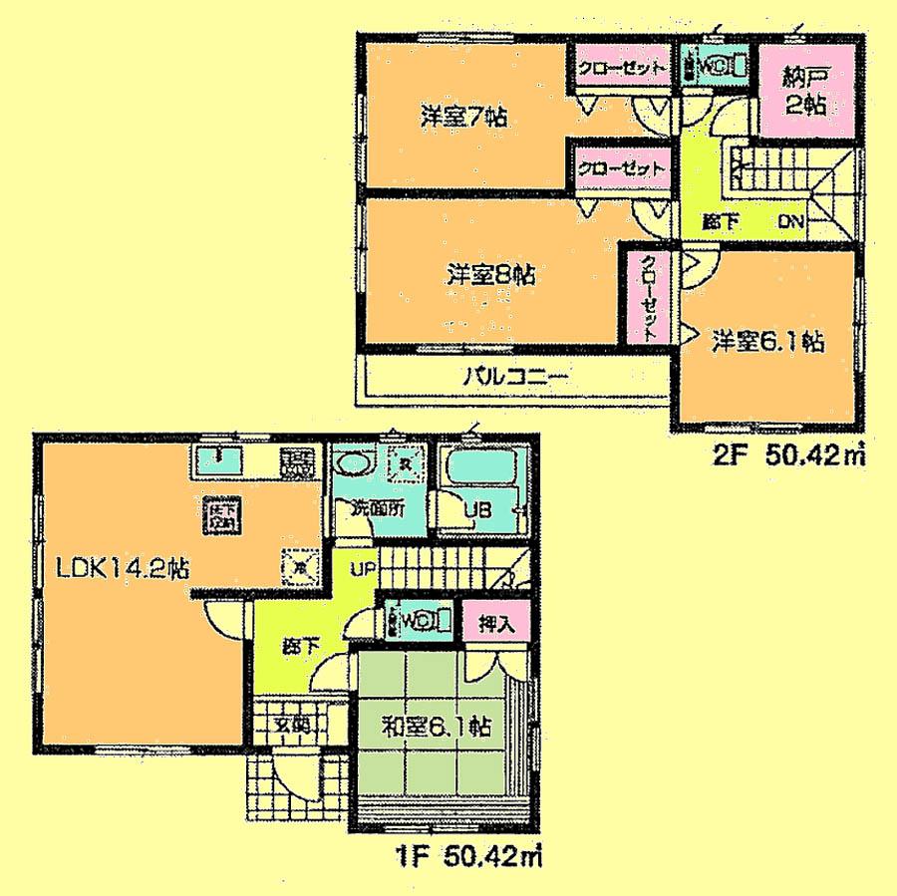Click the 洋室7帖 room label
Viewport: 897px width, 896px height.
(x=463, y=117)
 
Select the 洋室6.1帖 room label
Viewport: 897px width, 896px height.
(x=766, y=341)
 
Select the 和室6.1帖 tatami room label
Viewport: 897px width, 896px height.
(x=439, y=728)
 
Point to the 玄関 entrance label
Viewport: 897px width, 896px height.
(x=290, y=725)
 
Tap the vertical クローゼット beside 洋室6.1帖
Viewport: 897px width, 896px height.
(x=647, y=298)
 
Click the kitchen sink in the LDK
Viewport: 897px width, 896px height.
(x=217, y=462)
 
